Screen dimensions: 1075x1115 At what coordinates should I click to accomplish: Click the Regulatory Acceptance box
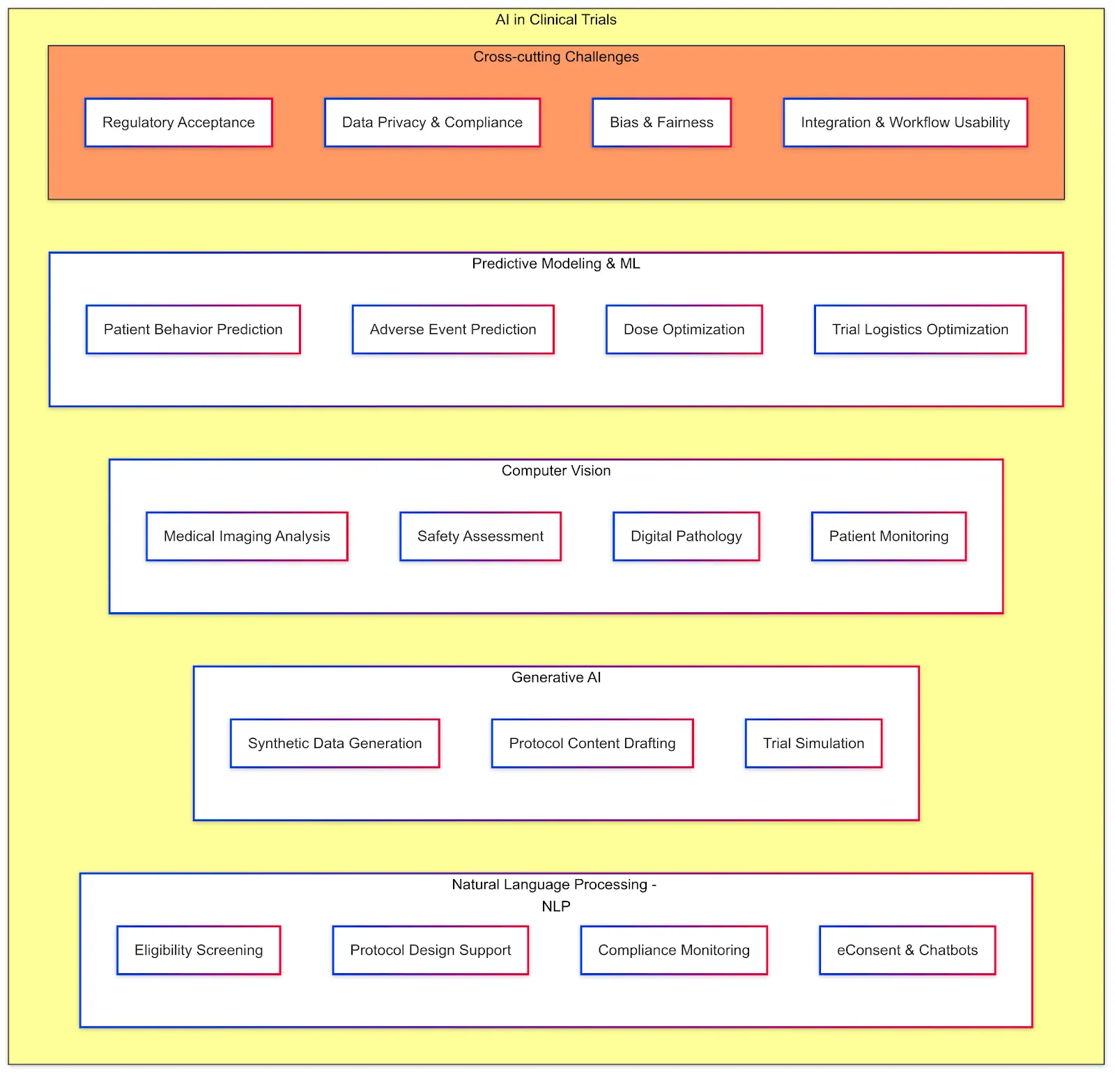point(178,123)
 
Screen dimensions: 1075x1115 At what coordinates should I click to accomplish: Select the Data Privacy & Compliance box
point(432,123)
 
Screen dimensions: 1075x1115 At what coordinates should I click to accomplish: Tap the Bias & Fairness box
point(661,123)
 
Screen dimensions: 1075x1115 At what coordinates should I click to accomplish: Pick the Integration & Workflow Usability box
point(905,123)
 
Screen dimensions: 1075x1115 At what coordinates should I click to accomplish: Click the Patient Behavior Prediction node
point(193,330)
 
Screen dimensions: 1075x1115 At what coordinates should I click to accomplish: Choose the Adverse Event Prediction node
point(453,330)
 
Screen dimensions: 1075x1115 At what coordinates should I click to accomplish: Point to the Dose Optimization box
point(684,330)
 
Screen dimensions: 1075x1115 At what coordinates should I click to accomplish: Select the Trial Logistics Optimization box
point(920,330)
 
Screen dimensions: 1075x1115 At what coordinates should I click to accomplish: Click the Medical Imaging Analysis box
point(247,537)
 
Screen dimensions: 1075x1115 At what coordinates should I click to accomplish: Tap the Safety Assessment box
point(480,537)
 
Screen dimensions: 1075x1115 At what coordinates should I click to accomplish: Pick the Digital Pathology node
point(686,537)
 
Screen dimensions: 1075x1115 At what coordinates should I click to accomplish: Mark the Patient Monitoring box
point(889,537)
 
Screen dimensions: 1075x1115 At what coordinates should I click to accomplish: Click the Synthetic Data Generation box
point(334,744)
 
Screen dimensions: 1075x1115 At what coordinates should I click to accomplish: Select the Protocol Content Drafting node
point(592,744)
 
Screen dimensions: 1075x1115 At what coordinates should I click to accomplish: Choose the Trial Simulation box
point(813,744)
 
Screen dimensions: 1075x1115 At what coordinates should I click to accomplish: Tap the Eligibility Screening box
point(199,950)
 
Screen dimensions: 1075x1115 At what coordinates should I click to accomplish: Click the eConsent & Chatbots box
point(907,950)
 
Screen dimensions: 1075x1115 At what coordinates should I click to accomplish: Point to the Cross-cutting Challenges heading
point(555,57)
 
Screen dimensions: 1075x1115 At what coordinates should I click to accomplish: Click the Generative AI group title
point(555,678)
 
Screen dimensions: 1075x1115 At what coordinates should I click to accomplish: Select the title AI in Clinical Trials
point(555,20)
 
